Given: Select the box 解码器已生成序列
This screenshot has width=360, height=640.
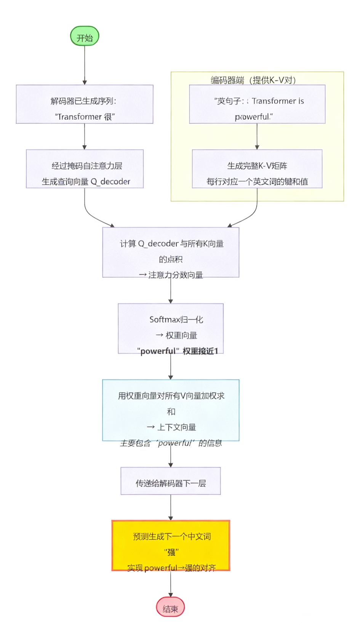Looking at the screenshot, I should click(x=85, y=104).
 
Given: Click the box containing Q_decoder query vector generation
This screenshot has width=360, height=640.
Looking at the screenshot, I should click(x=85, y=169).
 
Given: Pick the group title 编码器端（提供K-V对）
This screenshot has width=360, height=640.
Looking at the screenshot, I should click(x=253, y=80).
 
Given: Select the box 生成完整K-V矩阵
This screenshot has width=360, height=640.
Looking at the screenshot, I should click(x=257, y=169).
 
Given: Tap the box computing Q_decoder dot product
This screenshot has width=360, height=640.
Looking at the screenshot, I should click(x=171, y=252).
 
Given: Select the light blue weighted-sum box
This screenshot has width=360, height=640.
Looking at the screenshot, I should click(x=171, y=410).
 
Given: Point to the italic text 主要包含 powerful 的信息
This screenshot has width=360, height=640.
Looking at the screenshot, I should click(x=171, y=443).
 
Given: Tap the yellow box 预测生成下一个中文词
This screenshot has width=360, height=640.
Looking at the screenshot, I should click(x=171, y=546).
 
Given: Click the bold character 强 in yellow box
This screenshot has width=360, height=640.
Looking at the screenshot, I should click(x=171, y=552).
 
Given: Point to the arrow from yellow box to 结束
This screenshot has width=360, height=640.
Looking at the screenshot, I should click(x=170, y=584).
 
